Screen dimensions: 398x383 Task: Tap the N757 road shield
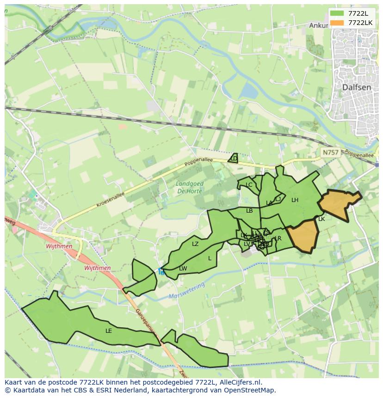330,152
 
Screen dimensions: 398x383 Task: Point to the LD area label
234,159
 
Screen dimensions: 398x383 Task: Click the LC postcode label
249,185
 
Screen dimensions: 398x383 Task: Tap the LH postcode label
295,200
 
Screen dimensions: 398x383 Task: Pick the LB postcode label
249,211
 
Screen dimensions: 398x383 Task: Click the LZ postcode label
195,244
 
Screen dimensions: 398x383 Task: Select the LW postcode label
183,269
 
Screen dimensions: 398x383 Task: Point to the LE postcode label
109,331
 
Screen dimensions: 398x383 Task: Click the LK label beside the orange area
321,219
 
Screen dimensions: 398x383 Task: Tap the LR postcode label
278,239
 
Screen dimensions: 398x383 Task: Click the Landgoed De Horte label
190,187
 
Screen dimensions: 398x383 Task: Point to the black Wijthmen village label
59,246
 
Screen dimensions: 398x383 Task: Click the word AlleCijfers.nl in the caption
240,382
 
